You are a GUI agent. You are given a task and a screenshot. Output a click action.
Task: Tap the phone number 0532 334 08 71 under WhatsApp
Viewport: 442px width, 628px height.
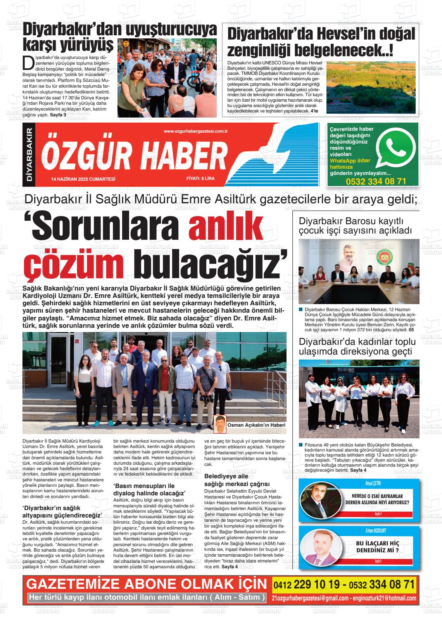(x=376, y=182)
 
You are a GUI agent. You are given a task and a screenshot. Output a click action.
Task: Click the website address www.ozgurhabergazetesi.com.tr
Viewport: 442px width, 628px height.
(x=195, y=132)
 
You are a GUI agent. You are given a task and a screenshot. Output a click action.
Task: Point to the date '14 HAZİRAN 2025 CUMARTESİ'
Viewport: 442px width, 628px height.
(x=83, y=179)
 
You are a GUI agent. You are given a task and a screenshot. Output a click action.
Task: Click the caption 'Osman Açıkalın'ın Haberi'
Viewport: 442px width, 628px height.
(x=256, y=425)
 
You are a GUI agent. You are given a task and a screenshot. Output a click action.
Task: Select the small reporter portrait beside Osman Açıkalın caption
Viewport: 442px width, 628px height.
(x=220, y=424)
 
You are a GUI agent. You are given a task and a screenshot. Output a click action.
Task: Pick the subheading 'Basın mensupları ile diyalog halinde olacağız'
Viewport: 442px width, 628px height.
(x=149, y=489)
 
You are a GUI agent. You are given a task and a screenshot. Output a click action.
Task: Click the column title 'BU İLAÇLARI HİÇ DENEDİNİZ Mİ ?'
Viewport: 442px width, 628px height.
(x=377, y=547)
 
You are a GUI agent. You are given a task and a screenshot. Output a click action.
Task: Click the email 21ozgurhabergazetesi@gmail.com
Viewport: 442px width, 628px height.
(x=310, y=598)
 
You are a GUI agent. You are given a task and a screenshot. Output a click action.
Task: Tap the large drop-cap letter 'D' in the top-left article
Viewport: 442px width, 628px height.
(x=27, y=62)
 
